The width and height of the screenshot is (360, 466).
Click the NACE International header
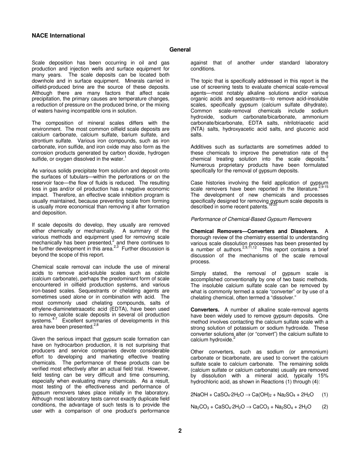[58, 36]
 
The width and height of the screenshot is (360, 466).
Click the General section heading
[180, 50]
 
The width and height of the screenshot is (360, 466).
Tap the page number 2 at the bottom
[180, 430]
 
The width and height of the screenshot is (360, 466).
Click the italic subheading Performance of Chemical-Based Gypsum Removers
[251, 219]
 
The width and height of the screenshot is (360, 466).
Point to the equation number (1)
[325, 394]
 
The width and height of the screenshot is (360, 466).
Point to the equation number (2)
[325, 407]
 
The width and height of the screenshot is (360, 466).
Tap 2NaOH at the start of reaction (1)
[199, 394]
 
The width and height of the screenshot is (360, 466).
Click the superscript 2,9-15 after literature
[323, 187]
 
